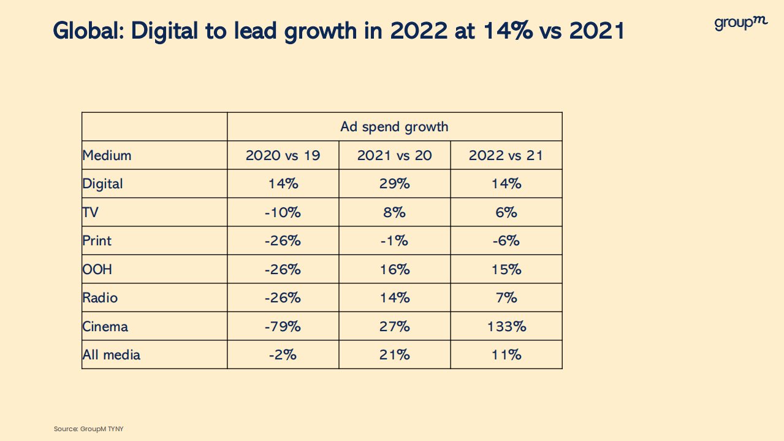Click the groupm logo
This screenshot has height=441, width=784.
point(740,23)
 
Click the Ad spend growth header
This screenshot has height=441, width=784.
point(394,127)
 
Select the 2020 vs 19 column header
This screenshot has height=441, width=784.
point(283,156)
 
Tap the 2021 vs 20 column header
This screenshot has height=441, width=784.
point(394,156)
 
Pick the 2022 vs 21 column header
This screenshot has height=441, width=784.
point(506,156)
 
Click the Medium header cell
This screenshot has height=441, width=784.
point(107,156)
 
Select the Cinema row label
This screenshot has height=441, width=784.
point(105,326)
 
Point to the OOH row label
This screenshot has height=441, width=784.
point(97,269)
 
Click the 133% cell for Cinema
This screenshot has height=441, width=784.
point(506,326)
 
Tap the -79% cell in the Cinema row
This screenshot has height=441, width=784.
point(283,326)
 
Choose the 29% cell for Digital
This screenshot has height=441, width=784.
point(394,184)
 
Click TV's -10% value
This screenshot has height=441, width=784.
point(283,213)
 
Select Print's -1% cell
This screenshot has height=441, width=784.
point(394,241)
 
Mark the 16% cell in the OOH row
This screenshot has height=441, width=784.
point(394,269)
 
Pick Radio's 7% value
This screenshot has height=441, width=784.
point(506,298)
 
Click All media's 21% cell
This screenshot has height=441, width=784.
point(394,355)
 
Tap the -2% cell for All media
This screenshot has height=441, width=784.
point(283,355)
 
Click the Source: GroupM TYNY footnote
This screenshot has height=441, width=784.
point(88,429)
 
